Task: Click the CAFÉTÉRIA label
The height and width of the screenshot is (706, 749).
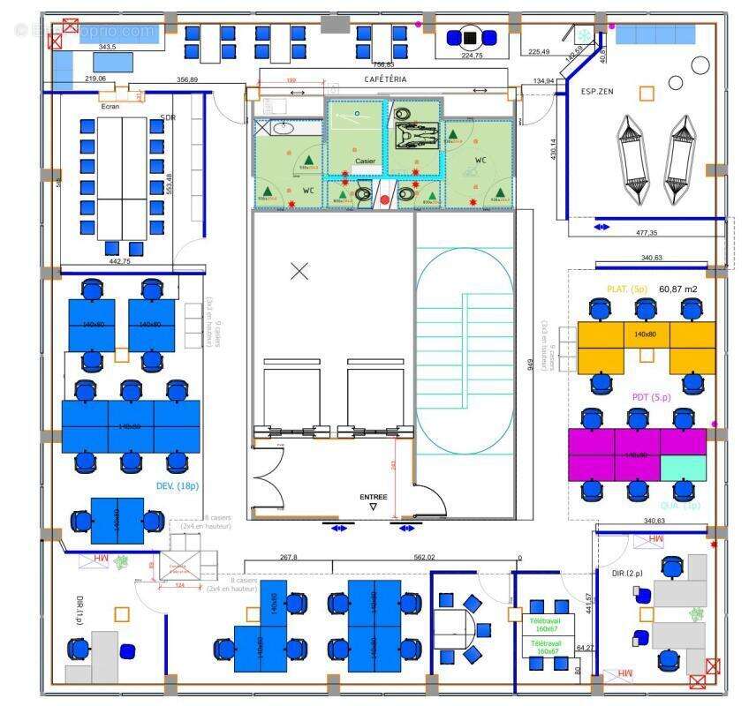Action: pos(386,79)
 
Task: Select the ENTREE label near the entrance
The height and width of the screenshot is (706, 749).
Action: pos(373,497)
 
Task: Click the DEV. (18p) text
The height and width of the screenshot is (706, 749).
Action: pos(177,486)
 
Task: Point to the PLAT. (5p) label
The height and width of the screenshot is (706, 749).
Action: pos(627,289)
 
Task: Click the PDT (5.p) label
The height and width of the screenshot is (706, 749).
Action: pos(652,398)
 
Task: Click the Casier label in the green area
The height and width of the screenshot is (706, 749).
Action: pos(365,161)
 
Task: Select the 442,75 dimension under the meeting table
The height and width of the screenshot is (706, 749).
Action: pos(119,261)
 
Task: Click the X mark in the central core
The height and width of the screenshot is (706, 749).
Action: pos(299,271)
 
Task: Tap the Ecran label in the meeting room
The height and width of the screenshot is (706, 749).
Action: pos(110,107)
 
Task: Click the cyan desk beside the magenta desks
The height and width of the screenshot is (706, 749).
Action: pos(684,468)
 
